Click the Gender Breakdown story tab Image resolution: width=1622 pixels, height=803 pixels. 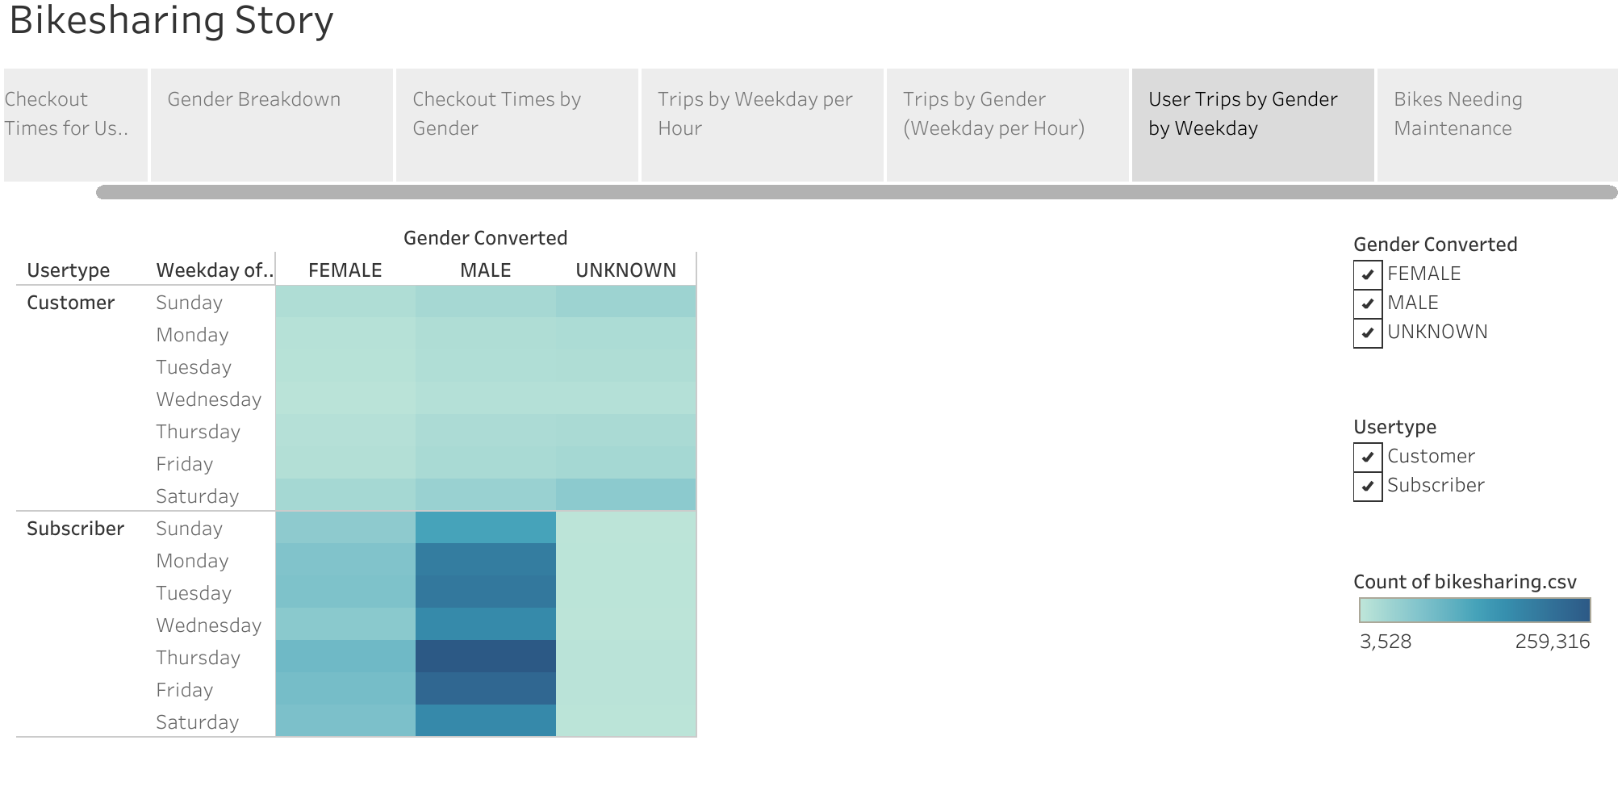[x=271, y=125]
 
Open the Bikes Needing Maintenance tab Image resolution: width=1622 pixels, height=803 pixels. [x=1497, y=125]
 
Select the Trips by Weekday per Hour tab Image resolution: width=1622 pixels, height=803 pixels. [x=762, y=125]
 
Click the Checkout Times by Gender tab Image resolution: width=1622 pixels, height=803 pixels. [x=516, y=125]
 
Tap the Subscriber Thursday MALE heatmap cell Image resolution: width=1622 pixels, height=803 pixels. [x=486, y=656]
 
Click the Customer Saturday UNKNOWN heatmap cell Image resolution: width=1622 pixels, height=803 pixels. [x=625, y=495]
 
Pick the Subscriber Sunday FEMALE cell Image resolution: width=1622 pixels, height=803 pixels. [x=345, y=528]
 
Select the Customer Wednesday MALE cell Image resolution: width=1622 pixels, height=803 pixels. [x=486, y=399]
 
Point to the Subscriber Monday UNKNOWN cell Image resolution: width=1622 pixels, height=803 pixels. [x=625, y=560]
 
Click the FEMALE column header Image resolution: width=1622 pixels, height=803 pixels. [x=345, y=270]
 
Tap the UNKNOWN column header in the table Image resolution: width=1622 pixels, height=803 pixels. [x=626, y=270]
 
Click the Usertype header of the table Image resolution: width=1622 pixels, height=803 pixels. [x=69, y=270]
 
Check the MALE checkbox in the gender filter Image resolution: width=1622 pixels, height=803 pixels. [x=1368, y=303]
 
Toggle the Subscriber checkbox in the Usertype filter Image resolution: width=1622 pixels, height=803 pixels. [x=1368, y=486]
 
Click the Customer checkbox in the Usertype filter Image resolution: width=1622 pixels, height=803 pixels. [x=1368, y=457]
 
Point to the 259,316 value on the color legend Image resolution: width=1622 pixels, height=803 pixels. [x=1553, y=642]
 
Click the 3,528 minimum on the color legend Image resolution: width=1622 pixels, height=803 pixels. [x=1386, y=642]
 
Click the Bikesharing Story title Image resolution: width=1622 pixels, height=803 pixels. [x=171, y=20]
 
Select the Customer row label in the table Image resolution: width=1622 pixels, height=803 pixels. [x=71, y=303]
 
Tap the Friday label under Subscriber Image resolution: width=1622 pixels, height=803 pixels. [x=185, y=690]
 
